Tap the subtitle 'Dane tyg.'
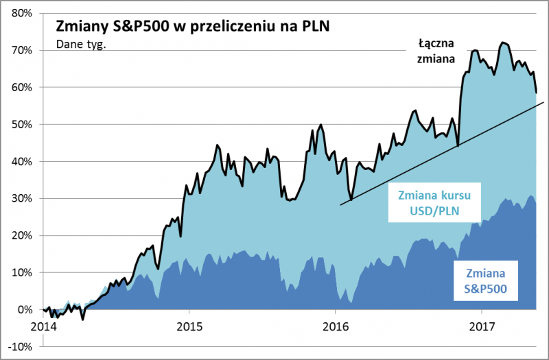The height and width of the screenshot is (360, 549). tap(78, 47)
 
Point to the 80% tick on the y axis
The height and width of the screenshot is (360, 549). tap(22, 13)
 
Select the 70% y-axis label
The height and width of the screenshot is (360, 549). tap(22, 50)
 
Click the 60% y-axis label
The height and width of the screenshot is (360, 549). tap(22, 87)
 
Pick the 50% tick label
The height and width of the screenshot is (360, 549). tap(22, 124)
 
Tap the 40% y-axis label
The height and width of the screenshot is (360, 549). tap(22, 161)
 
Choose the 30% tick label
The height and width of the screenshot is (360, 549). tap(22, 198)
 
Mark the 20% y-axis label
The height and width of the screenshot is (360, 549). tap(22, 235)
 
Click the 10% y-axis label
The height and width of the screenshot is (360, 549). tap(22, 272)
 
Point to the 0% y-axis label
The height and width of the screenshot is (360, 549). tap(25, 309)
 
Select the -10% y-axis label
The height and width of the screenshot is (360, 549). tap(21, 346)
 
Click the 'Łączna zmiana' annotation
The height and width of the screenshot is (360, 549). tap(436, 51)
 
